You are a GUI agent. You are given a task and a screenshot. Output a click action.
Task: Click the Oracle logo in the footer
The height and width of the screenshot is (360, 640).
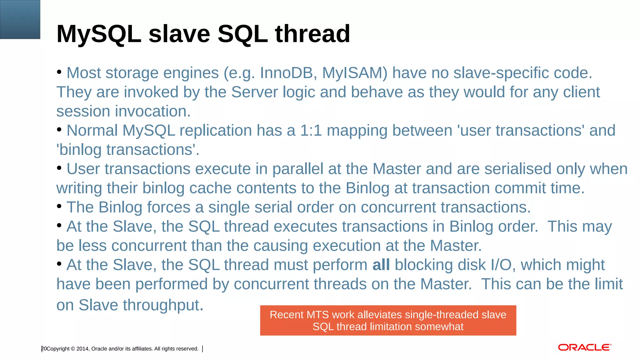pyautogui.click(x=584, y=347)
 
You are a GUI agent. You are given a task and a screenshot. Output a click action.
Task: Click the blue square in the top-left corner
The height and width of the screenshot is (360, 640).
pyautogui.click(x=20, y=19)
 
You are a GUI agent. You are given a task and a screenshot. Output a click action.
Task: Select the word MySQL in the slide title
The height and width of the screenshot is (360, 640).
pyautogui.click(x=99, y=34)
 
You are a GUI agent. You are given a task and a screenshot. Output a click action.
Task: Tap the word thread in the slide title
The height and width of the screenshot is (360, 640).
pyautogui.click(x=312, y=34)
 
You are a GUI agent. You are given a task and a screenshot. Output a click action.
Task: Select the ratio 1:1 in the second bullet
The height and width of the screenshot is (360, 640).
pyautogui.click(x=311, y=131)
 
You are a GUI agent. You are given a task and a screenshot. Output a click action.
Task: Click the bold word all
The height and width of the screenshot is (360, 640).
pyautogui.click(x=381, y=265)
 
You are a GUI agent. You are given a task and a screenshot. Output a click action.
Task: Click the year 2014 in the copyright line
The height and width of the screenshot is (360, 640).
pyautogui.click(x=82, y=349)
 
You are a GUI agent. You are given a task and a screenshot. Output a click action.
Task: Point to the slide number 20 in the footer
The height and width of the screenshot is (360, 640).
pyautogui.click(x=44, y=349)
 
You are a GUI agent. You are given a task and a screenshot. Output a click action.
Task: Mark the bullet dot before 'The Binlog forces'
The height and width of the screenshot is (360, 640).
pyautogui.click(x=59, y=206)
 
